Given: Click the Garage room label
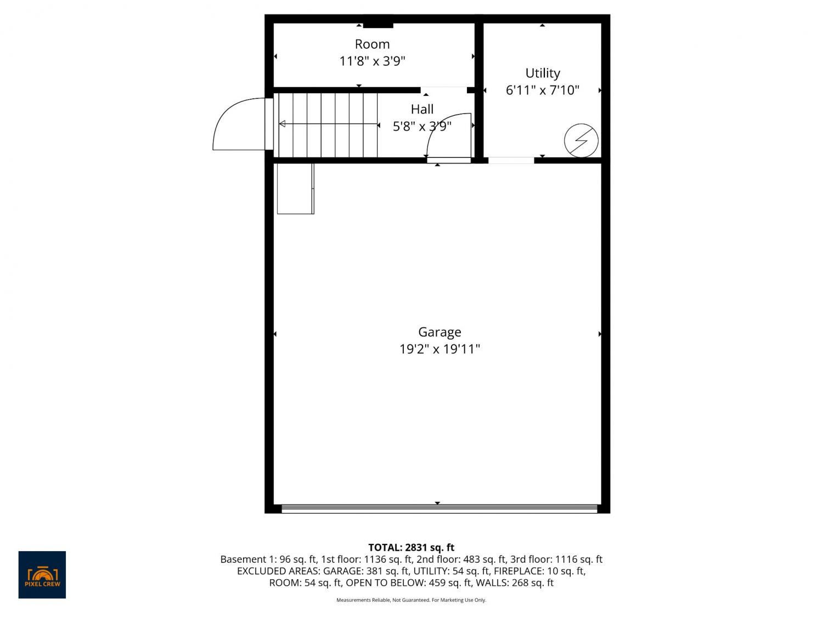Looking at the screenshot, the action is pos(439,332).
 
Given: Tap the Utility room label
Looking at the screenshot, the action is pos(543,73).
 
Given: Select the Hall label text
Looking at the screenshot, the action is pos(422,109).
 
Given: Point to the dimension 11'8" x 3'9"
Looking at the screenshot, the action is pos(373,61).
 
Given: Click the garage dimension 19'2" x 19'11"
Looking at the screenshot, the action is pos(439,349).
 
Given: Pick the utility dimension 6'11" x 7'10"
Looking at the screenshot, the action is pos(543,90).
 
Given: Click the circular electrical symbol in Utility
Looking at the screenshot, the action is pos(581,140).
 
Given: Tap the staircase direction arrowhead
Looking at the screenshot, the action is pos(282,123).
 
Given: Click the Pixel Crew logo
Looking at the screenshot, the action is pos(42,575).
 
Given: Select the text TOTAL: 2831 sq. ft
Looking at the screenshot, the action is pos(411,548).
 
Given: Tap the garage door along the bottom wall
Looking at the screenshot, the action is pos(439,508).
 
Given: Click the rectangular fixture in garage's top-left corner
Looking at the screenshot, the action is pos(295,189).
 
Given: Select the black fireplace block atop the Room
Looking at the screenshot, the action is pos(378,25).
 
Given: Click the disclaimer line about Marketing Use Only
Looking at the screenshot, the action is pos(411,600).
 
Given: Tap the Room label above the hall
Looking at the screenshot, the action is pos(373,44).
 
